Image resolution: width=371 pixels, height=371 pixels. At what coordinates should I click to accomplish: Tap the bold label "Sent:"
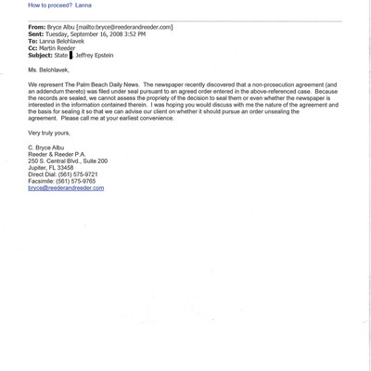(37, 35)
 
